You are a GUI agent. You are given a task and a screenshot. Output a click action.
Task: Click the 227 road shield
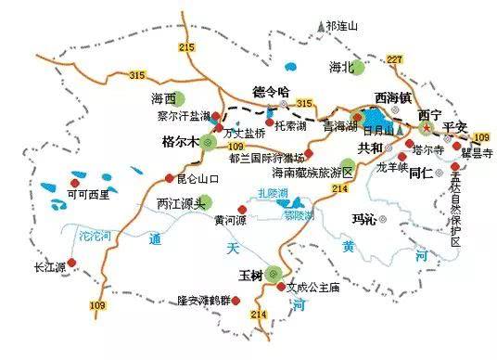pos(396,60)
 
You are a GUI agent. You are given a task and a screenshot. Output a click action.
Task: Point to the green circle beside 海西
pos(183,98)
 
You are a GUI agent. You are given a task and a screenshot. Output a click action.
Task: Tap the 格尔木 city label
pos(181,143)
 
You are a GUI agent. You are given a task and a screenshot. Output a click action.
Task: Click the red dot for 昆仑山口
pos(168,178)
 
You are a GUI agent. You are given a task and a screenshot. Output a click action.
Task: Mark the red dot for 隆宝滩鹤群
pos(238,300)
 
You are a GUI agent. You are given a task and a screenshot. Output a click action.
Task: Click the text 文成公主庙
pos(316,288)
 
